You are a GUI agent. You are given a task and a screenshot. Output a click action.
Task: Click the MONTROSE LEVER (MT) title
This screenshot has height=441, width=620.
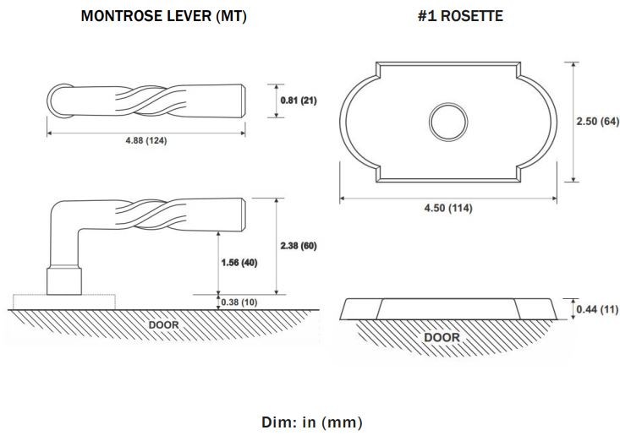(164, 16)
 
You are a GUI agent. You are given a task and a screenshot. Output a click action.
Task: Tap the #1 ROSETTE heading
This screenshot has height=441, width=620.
(460, 16)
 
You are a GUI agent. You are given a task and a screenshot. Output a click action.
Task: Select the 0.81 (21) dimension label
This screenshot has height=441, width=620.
(299, 101)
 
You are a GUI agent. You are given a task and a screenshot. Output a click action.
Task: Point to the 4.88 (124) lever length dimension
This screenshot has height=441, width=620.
(146, 140)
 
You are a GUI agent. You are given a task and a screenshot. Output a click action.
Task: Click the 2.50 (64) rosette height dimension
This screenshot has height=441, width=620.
(597, 121)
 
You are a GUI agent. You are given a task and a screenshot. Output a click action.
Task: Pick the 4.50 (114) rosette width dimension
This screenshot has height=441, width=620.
(448, 208)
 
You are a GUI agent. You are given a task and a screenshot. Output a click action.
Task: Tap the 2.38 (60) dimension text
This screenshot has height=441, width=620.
(299, 246)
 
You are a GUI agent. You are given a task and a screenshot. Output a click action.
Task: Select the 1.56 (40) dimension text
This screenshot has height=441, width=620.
(239, 263)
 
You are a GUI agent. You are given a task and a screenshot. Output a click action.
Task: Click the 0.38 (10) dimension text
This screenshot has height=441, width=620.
(239, 302)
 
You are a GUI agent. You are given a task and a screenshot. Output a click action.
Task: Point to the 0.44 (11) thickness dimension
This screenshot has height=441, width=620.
(597, 309)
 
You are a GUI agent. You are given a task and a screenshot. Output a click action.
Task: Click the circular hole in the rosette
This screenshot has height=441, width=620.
(448, 122)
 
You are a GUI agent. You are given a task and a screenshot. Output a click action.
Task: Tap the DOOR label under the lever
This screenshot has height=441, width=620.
(164, 325)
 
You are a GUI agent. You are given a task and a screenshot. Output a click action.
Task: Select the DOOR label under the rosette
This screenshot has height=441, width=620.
(442, 338)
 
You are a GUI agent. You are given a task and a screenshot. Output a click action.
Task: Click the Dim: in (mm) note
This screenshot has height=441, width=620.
(311, 422)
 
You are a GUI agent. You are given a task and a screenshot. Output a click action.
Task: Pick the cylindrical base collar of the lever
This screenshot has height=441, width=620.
(64, 281)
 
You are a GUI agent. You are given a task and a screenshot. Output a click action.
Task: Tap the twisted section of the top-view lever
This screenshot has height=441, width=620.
(151, 101)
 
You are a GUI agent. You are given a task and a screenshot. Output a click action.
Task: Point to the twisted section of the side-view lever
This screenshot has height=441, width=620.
(151, 215)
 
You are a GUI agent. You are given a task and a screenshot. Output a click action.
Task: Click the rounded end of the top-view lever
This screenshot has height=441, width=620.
(56, 101)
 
